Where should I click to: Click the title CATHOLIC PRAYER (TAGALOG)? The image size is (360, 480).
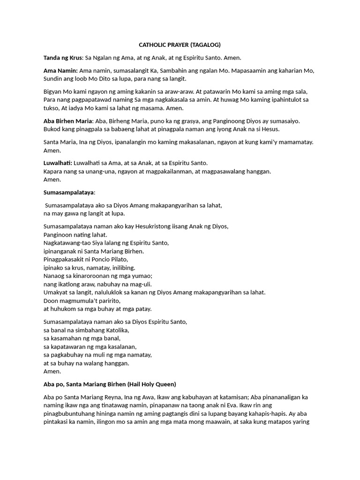pyautogui.click(x=180, y=45)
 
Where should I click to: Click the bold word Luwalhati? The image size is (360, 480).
pyautogui.click(x=58, y=163)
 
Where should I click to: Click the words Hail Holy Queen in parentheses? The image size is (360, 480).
pyautogui.click(x=150, y=384)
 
